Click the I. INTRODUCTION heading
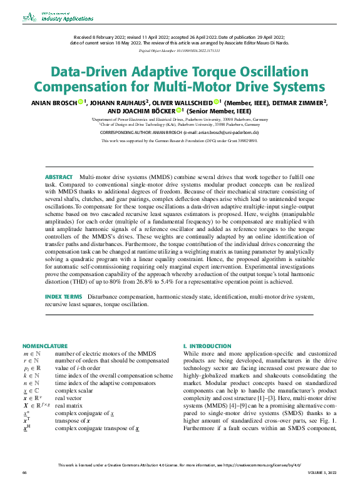207,346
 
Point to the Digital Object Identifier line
180,50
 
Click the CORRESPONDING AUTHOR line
180,133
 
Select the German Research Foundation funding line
180,141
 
